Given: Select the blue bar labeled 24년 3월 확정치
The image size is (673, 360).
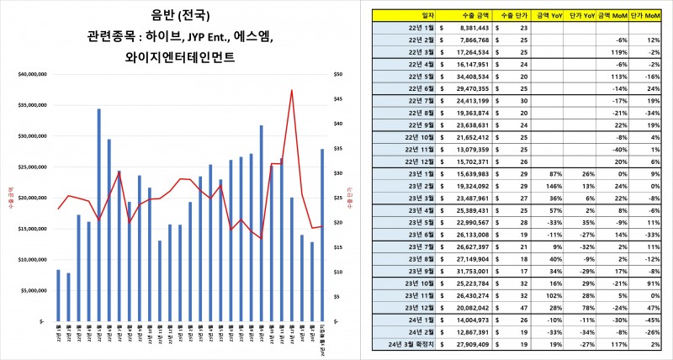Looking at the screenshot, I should coord(321,235).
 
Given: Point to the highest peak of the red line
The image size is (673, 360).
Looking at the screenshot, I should coord(292,91).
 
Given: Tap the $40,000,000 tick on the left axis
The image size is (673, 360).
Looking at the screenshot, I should coord(34,75).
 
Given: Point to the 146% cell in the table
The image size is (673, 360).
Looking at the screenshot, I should coord(553,184).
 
